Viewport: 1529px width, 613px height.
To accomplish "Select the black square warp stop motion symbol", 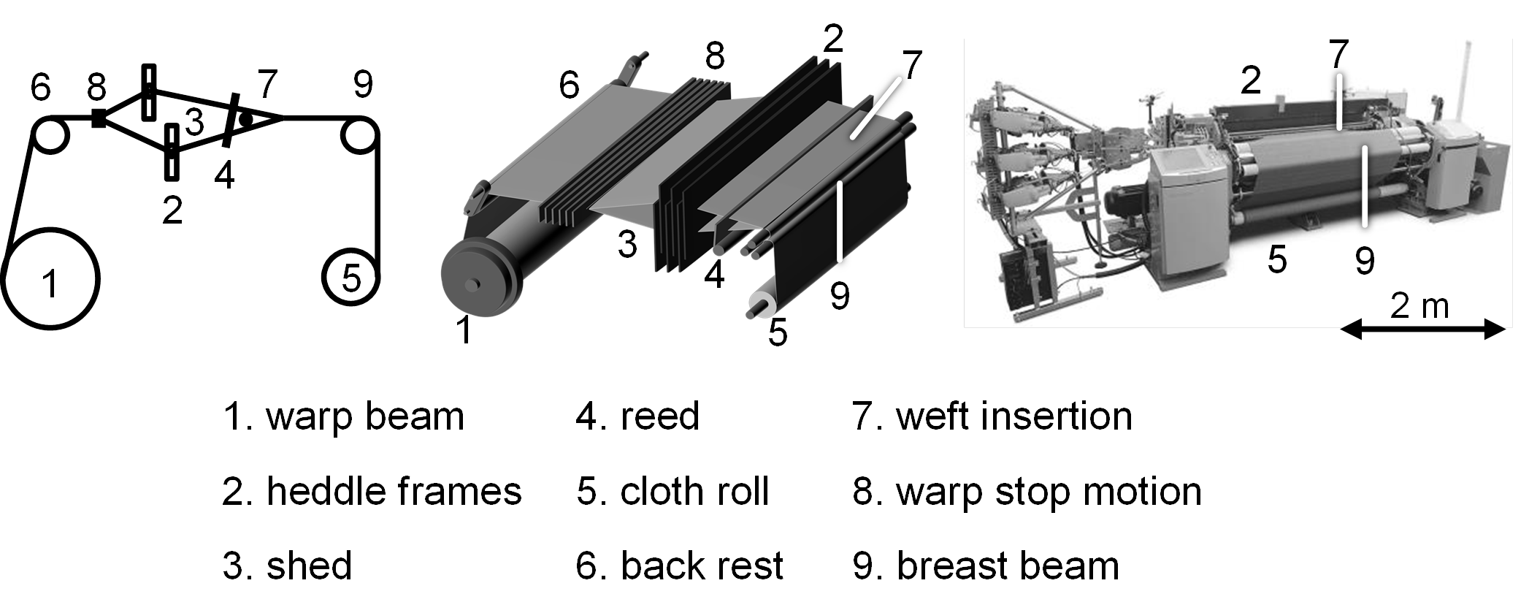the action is point(98,118).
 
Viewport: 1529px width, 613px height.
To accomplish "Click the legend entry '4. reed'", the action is point(637,416).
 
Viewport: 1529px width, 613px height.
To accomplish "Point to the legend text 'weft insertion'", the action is point(1014,416).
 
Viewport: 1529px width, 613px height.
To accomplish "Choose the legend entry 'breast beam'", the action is point(1008,566).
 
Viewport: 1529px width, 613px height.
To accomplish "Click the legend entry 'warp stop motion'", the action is point(1049,491).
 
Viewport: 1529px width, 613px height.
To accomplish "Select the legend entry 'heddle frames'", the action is point(394,491).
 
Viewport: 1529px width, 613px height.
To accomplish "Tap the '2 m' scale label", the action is point(1419,305).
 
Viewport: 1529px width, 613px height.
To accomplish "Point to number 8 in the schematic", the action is point(96,86).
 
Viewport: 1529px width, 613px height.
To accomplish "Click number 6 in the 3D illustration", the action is point(570,85).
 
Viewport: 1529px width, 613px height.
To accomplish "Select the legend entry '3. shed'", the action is point(287,566).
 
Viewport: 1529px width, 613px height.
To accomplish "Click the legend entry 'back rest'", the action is point(702,566).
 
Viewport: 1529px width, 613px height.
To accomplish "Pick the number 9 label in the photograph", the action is point(1365,260).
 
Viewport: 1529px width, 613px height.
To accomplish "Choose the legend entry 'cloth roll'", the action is point(694,491).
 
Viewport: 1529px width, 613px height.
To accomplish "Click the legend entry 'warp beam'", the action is point(365,416).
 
